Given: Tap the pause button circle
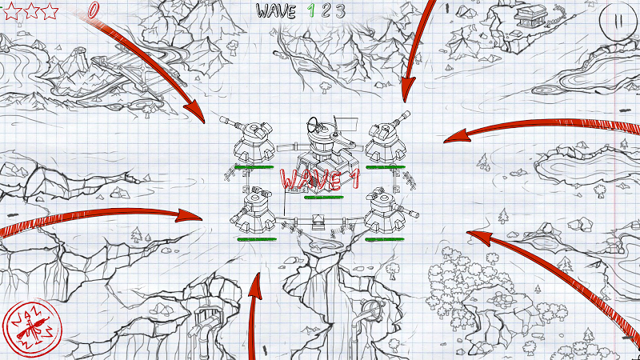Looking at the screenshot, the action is (x=618, y=21).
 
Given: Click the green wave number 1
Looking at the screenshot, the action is (x=311, y=11).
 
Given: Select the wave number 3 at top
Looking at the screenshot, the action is (x=341, y=11).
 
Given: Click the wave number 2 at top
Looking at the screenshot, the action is (x=326, y=11).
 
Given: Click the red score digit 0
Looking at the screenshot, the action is (x=94, y=10).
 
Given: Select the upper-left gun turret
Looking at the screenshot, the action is (x=249, y=140).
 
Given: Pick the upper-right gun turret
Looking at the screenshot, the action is (x=386, y=138).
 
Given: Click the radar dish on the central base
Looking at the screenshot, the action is (x=314, y=122).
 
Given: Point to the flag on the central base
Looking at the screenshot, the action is (x=346, y=122).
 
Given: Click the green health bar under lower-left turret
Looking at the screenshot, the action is (x=257, y=239).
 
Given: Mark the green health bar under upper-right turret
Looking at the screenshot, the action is (x=386, y=167).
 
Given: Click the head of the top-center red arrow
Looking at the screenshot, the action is (x=406, y=90).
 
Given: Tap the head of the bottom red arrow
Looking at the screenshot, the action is (x=254, y=287).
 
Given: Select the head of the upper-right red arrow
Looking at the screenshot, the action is (x=455, y=136).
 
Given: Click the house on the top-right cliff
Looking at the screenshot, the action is (x=530, y=16).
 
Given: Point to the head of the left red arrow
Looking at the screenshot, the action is (x=189, y=215).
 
